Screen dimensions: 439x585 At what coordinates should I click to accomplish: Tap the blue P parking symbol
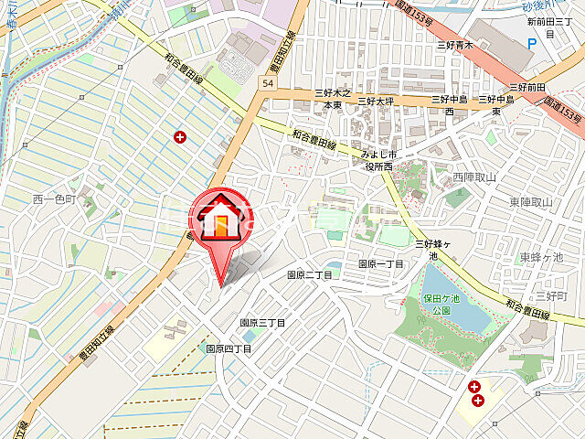coord(533,42)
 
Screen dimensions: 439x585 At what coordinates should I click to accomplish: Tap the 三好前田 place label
coord(528,87)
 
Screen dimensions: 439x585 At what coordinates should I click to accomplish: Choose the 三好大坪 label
coord(375,100)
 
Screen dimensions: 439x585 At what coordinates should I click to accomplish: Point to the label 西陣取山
coord(473,177)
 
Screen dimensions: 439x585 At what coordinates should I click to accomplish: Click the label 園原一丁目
coord(380,263)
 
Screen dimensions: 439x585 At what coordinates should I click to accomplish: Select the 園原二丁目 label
coord(311,274)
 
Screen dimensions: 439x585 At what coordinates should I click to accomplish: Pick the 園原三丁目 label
coord(263,323)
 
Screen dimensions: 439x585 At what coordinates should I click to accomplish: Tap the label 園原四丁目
coord(229,349)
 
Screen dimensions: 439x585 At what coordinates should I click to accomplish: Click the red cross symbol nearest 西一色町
coord(179,138)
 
